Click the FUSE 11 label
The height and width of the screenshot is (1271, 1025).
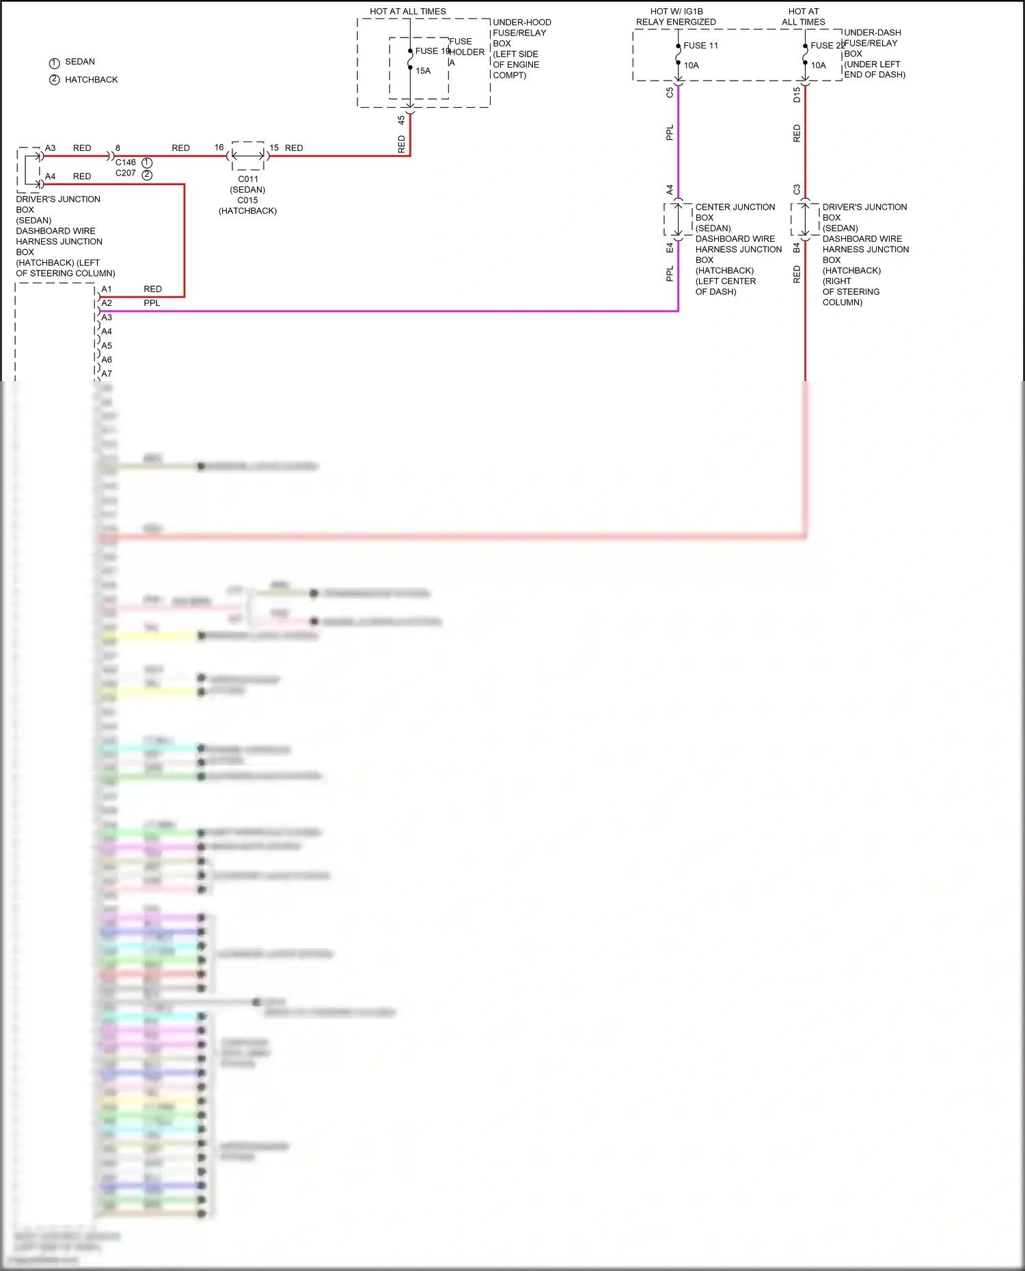700,46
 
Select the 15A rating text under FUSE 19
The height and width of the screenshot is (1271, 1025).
423,71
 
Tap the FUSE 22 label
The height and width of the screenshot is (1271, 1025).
828,46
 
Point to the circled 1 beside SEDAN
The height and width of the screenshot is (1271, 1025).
55,63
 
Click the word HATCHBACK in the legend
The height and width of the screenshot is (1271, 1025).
91,80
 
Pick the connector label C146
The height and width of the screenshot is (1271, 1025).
126,163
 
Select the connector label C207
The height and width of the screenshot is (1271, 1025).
126,173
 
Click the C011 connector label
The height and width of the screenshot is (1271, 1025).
248,180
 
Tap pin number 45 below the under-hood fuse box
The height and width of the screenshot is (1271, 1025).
401,120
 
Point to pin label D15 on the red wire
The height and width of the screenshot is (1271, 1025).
797,95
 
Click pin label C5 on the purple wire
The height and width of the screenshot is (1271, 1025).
670,92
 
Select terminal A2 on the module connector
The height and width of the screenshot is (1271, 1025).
107,303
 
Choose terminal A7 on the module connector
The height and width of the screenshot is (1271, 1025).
107,374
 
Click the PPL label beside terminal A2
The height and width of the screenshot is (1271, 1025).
152,303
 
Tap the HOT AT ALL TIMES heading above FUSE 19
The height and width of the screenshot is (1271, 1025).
408,12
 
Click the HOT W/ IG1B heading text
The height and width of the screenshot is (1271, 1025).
676,12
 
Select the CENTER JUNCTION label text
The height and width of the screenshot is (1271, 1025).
735,207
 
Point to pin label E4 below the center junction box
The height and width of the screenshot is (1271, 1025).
670,248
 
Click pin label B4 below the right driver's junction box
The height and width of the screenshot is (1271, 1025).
797,248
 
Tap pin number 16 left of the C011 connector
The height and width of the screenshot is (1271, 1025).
219,148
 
